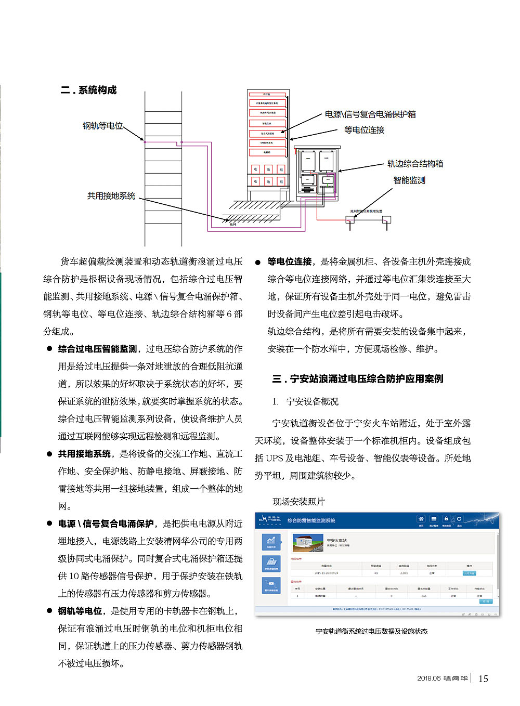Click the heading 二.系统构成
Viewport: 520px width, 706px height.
pyautogui.click(x=88, y=90)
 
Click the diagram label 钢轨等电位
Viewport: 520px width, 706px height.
pyautogui.click(x=103, y=126)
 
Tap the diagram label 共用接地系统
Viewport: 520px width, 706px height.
pyautogui.click(x=111, y=196)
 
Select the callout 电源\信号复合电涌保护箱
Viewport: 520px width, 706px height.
pyautogui.click(x=370, y=114)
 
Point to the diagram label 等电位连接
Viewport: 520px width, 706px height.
pyautogui.click(x=364, y=130)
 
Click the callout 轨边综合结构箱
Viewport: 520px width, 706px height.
pyautogui.click(x=415, y=164)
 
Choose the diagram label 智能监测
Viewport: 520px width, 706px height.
pyautogui.click(x=409, y=180)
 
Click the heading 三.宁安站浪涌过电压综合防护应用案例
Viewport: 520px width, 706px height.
pyautogui.click(x=358, y=378)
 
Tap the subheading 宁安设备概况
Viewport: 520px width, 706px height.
pyautogui.click(x=312, y=401)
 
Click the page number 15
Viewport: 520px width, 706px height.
pyautogui.click(x=483, y=678)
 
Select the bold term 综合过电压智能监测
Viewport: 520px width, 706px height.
pyautogui.click(x=97, y=349)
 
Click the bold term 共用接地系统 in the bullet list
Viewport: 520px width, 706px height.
pyautogui.click(x=84, y=454)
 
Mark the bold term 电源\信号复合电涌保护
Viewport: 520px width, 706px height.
pyautogui.click(x=106, y=524)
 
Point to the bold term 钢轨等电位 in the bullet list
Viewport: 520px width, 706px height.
pyautogui.click(x=80, y=611)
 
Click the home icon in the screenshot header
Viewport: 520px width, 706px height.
pyautogui.click(x=421, y=519)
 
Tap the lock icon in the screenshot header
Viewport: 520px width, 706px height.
pyautogui.click(x=446, y=519)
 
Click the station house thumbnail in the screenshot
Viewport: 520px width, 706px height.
pyautogui.click(x=308, y=543)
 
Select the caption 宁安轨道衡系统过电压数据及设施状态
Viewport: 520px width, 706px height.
pyautogui.click(x=371, y=631)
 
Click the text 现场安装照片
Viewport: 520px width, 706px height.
pyautogui.click(x=298, y=501)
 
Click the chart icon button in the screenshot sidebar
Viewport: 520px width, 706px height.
pyautogui.click(x=271, y=542)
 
